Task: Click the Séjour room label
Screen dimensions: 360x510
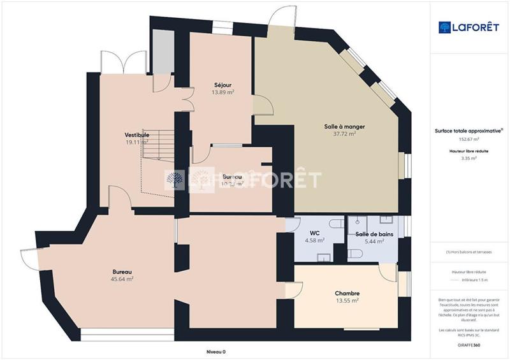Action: [x=222, y=84]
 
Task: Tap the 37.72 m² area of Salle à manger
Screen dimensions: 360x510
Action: [x=344, y=134]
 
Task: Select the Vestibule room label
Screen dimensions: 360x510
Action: [x=137, y=134]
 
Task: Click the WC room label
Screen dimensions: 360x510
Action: [x=314, y=233]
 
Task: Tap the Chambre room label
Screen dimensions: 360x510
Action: [x=347, y=293]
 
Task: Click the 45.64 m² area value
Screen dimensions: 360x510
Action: [x=122, y=279]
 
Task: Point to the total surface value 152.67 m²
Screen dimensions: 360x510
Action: [x=469, y=138]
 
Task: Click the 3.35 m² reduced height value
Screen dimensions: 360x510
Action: [x=469, y=159]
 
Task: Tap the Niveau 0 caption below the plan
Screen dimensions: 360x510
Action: [x=216, y=352]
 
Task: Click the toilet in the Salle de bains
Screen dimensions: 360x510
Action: [x=356, y=254]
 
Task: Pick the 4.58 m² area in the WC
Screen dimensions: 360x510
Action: [x=315, y=241]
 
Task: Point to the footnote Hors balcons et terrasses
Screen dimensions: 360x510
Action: [x=469, y=252]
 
